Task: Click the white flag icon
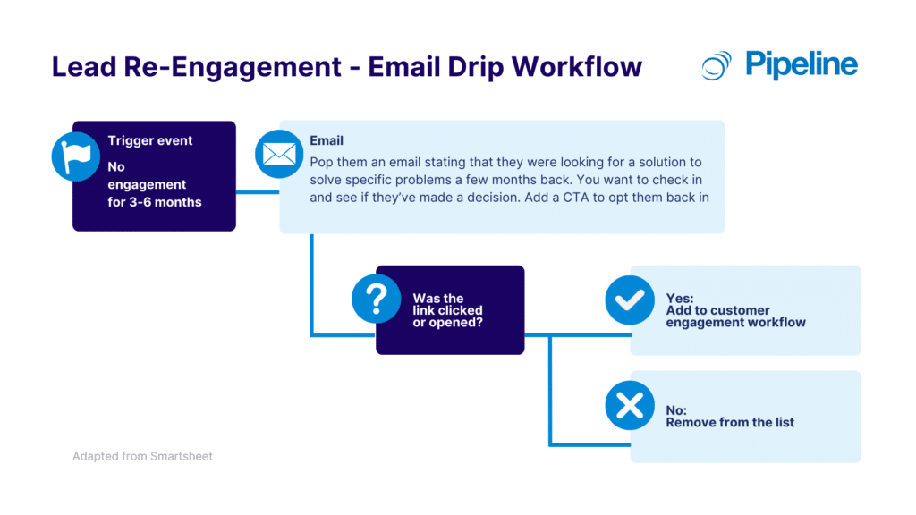click(75, 156)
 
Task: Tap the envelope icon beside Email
click(279, 154)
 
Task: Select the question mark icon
click(376, 299)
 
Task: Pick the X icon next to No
click(630, 405)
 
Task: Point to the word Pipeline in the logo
click(801, 64)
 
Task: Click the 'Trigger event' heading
click(150, 140)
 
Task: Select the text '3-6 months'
click(155, 202)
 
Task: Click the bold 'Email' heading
click(327, 140)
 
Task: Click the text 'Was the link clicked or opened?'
click(447, 310)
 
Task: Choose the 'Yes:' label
click(681, 298)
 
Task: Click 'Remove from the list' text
click(730, 422)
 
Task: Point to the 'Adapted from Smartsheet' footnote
click(142, 456)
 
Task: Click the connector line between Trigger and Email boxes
click(258, 190)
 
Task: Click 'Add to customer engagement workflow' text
click(735, 316)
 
